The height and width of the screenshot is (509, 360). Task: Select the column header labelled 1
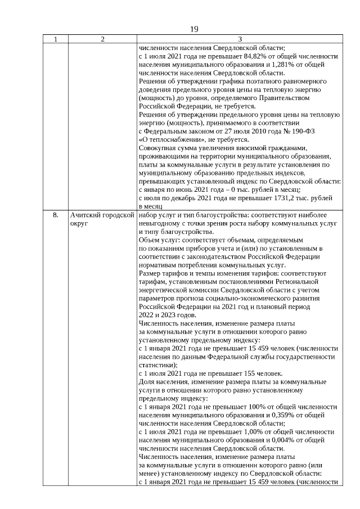[x=55, y=39]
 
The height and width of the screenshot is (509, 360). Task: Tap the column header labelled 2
[x=102, y=39]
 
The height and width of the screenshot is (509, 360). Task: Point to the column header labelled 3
[x=240, y=39]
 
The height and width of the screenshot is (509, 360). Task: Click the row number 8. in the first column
[x=55, y=215]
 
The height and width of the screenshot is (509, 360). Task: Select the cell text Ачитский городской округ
[x=102, y=219]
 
